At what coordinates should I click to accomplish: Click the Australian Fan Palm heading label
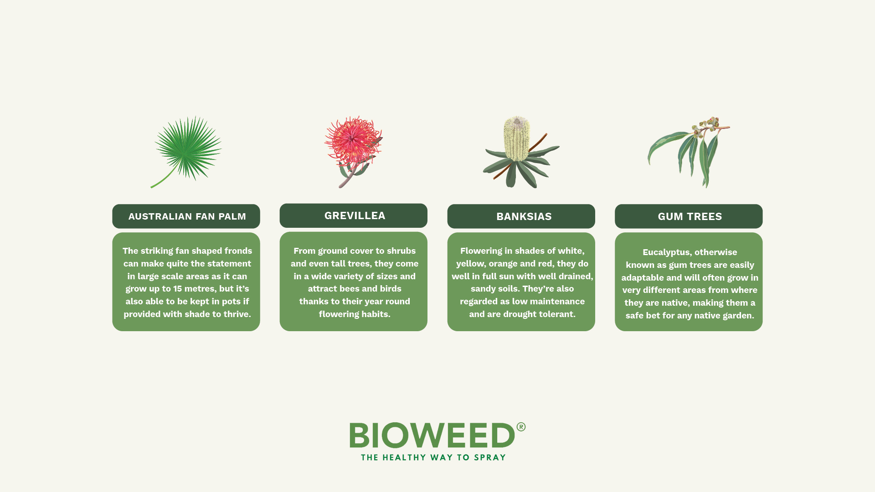(187, 216)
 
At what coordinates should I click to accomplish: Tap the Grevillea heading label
(355, 215)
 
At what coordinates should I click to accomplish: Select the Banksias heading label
(524, 216)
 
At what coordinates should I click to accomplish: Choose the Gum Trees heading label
(690, 216)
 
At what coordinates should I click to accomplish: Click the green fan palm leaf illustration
(188, 147)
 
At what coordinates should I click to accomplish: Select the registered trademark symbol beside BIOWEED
(521, 427)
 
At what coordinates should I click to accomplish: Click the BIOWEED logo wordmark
(432, 436)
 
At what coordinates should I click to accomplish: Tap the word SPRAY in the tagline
(489, 457)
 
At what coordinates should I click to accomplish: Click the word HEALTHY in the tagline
(404, 457)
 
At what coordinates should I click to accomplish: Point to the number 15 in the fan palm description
(177, 289)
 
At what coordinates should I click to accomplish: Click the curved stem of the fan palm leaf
(164, 179)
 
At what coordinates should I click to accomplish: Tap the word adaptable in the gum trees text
(639, 278)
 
